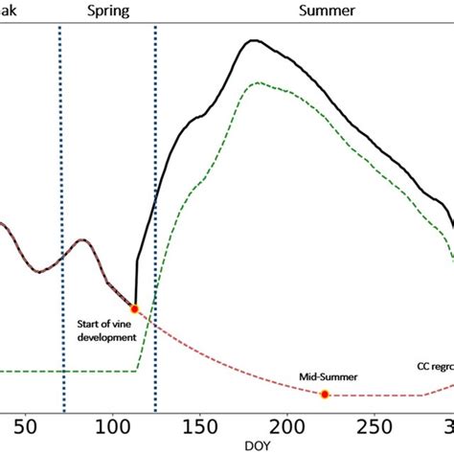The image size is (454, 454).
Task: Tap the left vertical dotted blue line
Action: (60, 192)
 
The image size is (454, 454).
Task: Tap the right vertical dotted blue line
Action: (155, 192)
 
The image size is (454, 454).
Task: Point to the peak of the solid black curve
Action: (253, 40)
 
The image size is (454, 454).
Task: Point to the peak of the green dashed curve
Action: (256, 83)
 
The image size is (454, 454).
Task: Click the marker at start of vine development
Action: (134, 308)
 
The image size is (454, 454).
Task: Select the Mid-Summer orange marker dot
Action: (325, 395)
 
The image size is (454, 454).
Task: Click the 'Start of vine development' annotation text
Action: (106, 330)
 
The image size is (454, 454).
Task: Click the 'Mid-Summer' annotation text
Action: (328, 376)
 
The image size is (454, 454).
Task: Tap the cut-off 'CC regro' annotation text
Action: (434, 366)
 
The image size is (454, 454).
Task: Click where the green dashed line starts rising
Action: (138, 370)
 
